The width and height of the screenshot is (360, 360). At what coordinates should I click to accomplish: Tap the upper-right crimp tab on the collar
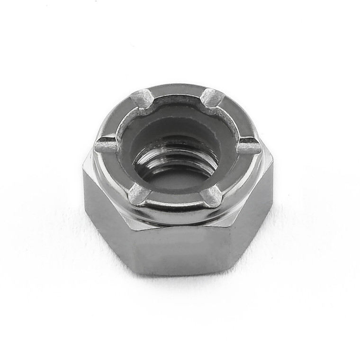pos(211,98)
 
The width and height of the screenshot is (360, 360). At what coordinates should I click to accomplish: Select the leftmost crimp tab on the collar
pos(107,145)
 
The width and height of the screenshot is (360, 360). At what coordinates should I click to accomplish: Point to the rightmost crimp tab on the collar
pos(248,147)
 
